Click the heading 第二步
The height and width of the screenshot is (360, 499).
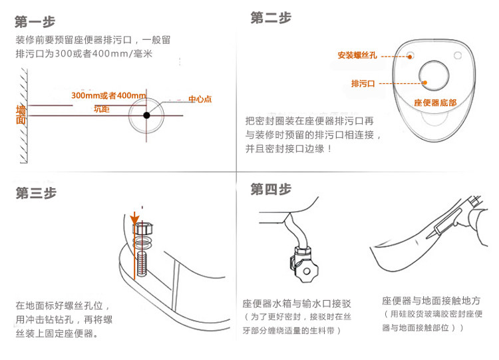tap(271, 18)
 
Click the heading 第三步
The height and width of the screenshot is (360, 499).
tap(36, 193)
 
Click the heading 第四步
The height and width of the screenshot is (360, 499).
tap(271, 190)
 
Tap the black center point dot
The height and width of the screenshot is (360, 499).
tap(146, 115)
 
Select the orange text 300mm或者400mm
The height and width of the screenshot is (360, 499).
tap(108, 96)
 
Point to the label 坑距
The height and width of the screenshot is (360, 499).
tap(101, 108)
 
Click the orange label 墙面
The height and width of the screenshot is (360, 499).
tap(21, 115)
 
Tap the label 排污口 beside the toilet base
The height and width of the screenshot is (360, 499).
tap(363, 83)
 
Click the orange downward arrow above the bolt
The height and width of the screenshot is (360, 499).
tap(135, 218)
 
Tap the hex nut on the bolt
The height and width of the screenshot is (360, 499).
tap(143, 230)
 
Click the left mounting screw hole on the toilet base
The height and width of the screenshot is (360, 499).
tap(410, 53)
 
